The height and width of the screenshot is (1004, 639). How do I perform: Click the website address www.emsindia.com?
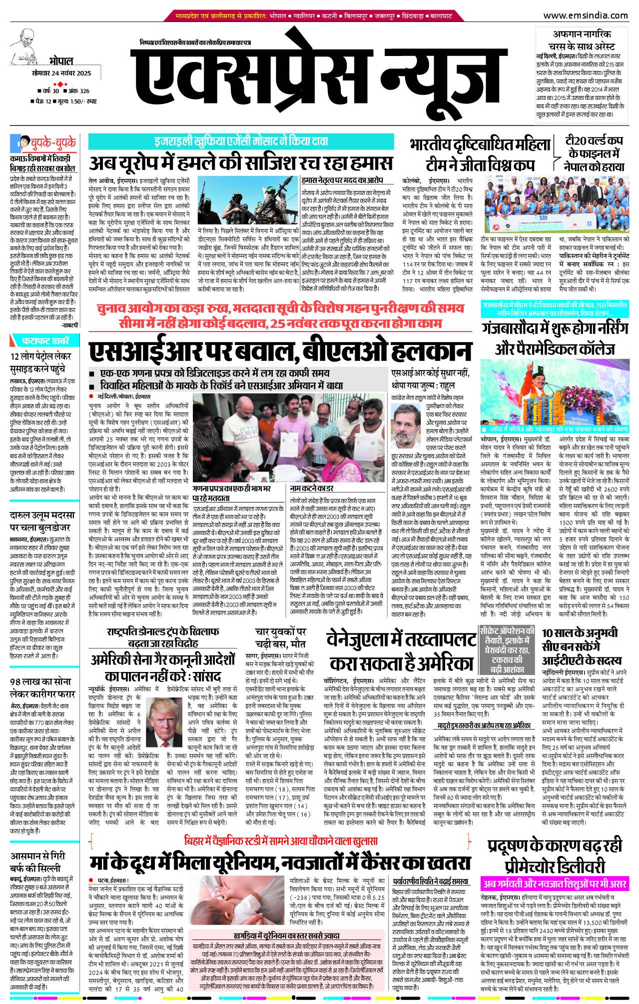pos(585,15)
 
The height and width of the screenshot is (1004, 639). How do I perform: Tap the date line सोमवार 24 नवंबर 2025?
pos(61,73)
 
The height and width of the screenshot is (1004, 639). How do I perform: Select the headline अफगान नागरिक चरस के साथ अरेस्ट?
pos(582,40)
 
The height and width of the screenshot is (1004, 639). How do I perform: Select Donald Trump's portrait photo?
pos(165,721)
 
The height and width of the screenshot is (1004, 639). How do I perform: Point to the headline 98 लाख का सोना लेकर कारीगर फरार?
pos(42,687)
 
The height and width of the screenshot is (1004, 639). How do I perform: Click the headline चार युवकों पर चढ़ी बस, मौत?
pos(280,637)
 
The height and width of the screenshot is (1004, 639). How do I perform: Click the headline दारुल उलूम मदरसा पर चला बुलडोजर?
pos(42,520)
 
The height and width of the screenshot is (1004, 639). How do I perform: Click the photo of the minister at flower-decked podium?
pos(555,395)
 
